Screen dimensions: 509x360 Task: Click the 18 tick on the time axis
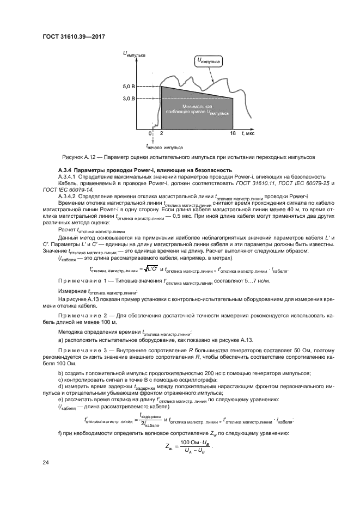(x=233, y=133)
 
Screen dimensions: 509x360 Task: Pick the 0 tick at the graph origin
(x=150, y=133)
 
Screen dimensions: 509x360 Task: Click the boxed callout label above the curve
(x=209, y=62)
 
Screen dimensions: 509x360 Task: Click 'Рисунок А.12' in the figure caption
(x=78, y=157)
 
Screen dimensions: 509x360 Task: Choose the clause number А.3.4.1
(x=68, y=177)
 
